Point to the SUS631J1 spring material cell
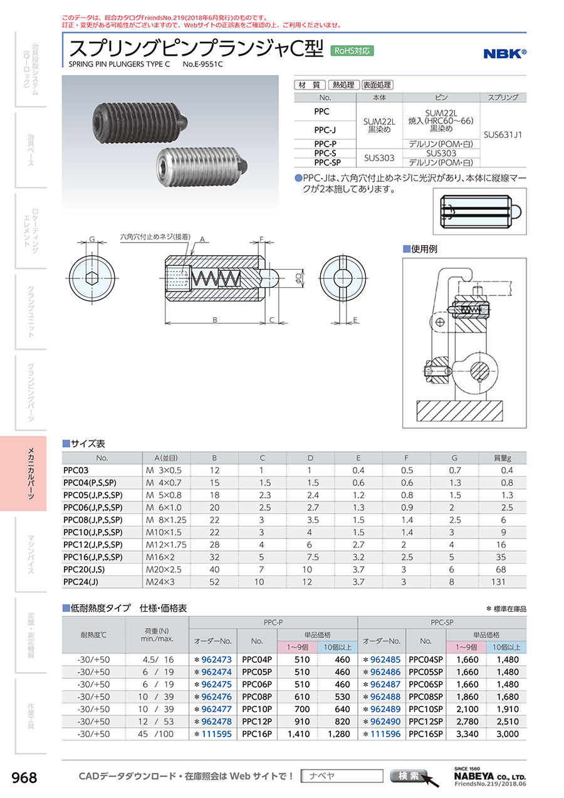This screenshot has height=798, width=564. (x=503, y=134)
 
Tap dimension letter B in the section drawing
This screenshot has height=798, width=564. (x=215, y=320)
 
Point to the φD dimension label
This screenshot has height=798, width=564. (x=299, y=277)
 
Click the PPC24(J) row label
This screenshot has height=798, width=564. (x=81, y=582)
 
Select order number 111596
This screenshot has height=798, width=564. (x=385, y=735)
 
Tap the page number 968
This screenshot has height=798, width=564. (x=25, y=778)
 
